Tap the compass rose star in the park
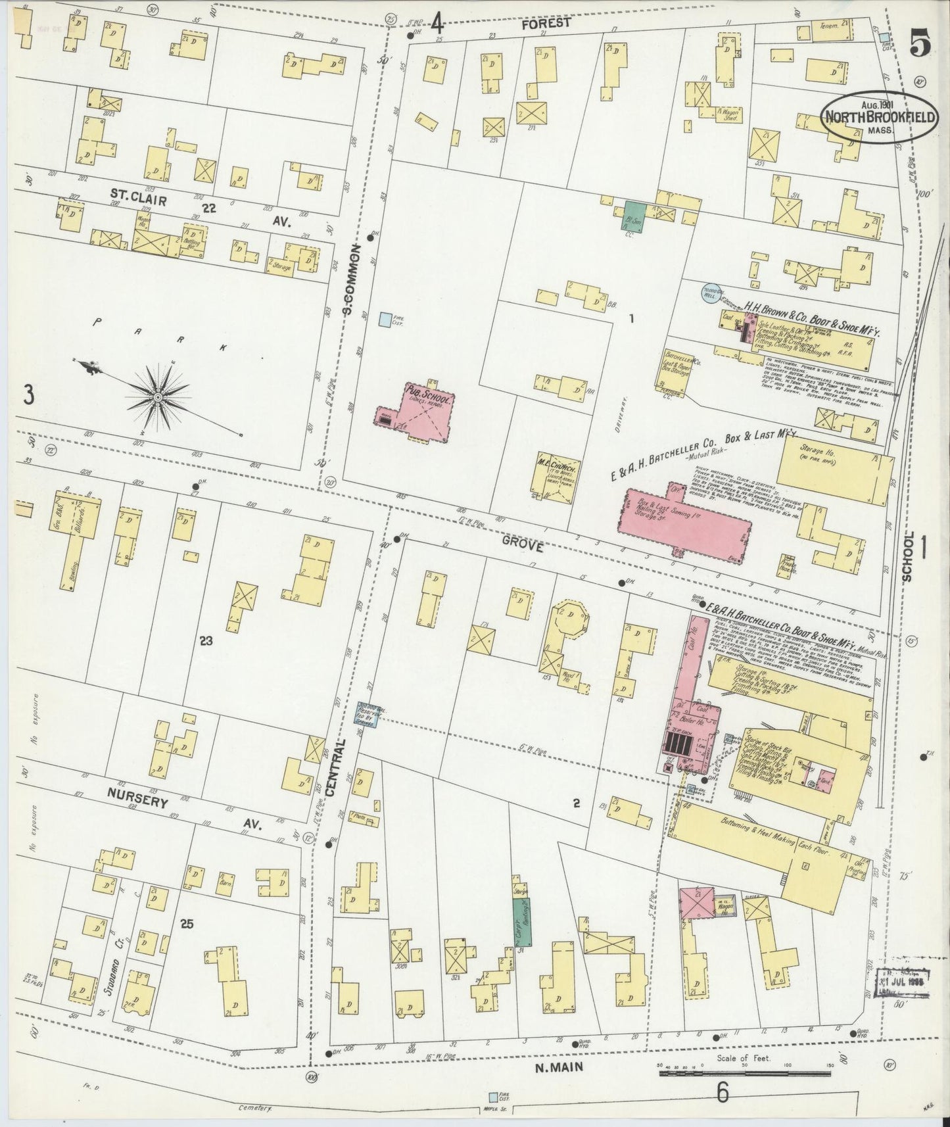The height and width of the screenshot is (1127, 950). pos(158,397)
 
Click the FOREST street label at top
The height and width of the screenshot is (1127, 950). pos(545,24)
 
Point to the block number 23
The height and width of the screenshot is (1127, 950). pos(206,640)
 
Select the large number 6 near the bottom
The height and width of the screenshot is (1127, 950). pos(723,1093)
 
